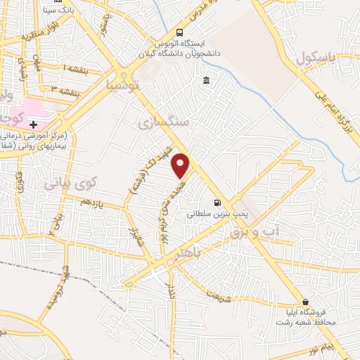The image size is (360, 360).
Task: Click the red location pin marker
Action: click(181, 166)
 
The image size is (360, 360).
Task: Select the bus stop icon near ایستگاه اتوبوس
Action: click(180, 32)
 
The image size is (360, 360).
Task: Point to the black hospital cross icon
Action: click(32, 124)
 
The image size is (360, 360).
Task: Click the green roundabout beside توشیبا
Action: click(124, 75)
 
